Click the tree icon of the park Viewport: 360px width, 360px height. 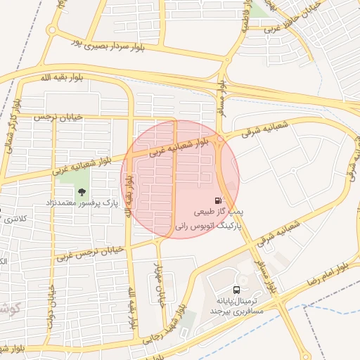click(82, 191)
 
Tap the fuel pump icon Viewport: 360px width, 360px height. click(220, 200)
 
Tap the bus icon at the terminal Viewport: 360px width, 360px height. click(237, 290)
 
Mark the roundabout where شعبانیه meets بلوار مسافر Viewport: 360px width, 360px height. click(220, 140)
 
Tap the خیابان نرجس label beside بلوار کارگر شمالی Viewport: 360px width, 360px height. click(57, 117)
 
